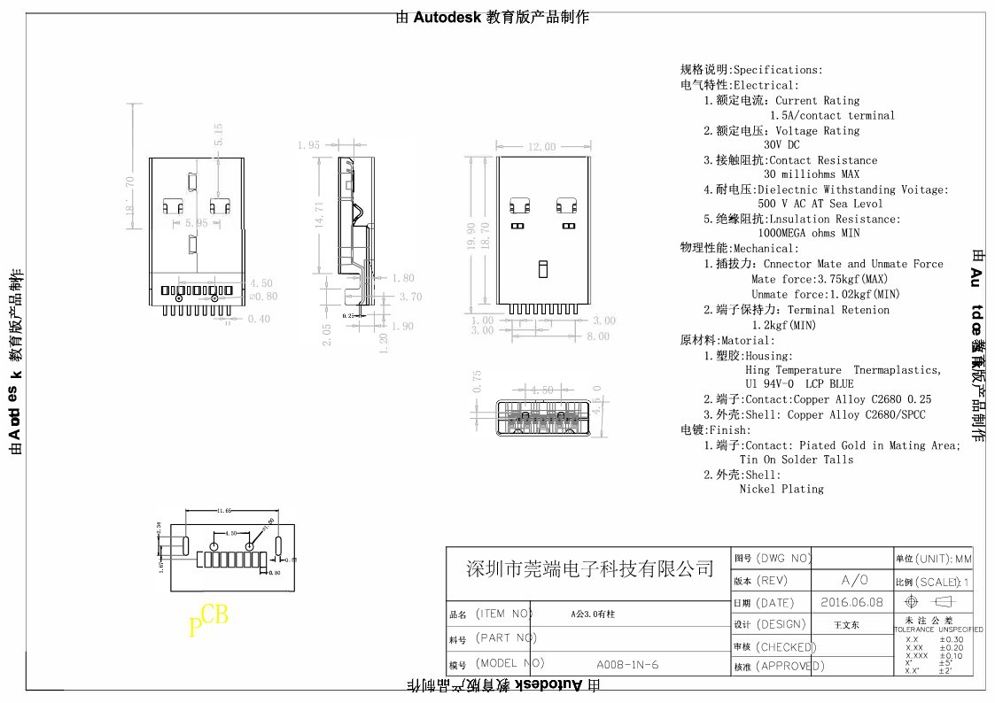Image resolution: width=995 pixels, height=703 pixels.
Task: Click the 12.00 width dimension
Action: [x=541, y=147]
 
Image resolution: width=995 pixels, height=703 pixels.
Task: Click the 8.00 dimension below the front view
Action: [x=597, y=336]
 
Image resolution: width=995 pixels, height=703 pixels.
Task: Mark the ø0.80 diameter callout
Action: [x=263, y=297]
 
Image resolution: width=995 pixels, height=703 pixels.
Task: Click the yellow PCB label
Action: [x=208, y=621]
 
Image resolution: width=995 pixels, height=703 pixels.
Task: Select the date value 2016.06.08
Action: [x=851, y=602]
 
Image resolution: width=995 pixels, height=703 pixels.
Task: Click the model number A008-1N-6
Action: [x=627, y=664]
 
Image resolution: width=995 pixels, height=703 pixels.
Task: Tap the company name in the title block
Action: [x=589, y=568]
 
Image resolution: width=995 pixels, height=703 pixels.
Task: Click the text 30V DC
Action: [x=781, y=144]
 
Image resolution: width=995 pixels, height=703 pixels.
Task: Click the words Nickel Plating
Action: [x=781, y=489]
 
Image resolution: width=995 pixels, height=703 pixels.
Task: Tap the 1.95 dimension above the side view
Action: [x=309, y=145]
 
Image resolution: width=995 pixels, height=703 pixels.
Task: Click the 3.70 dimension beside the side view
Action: [x=410, y=297]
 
